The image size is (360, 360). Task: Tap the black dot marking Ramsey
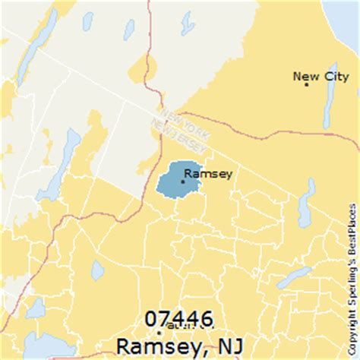[182, 181]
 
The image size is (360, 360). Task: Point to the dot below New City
[306, 84]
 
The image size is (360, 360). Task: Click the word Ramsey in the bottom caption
[156, 345]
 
